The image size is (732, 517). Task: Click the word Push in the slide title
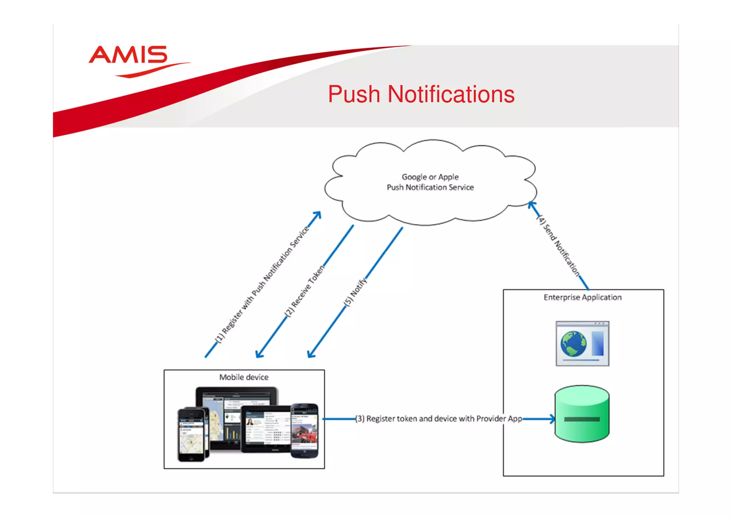pos(354,95)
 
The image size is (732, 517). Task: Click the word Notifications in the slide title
pos(451,95)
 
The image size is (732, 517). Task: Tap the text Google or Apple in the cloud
pos(430,177)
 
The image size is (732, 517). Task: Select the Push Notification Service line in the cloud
pos(430,187)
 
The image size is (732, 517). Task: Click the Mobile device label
pos(244,377)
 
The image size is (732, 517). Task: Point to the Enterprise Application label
pos(583,297)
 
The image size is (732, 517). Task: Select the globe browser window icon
pos(582,343)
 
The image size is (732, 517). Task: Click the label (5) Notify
pos(355,292)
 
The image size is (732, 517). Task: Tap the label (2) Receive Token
pos(305,291)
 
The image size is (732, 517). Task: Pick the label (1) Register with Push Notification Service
pos(262,284)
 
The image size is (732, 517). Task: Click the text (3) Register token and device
pos(438,419)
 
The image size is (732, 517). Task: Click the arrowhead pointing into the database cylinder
pos(553,419)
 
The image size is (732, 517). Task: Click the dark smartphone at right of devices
pos(305,431)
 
